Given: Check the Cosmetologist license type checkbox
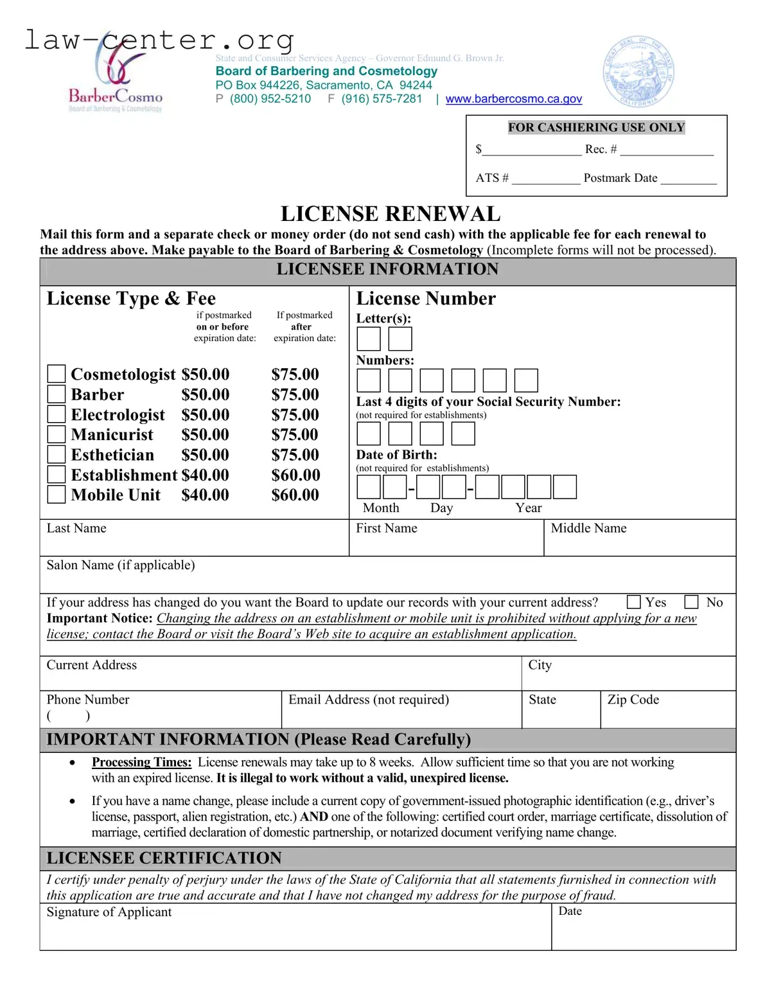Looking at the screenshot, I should pos(57,374).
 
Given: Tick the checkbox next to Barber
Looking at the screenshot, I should pos(57,394).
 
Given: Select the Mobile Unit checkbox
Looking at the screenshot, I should pos(57,495).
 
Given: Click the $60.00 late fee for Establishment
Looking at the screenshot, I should pos(295,475).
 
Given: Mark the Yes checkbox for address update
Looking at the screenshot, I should pos(633,602).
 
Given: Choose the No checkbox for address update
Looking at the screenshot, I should pos(691,602).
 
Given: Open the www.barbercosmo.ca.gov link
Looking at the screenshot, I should pos(513,99).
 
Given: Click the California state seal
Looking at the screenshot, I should pos(638,71).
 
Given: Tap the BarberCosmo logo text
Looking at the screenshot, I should pos(116,97).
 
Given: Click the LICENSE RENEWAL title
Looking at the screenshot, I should pos(391,213).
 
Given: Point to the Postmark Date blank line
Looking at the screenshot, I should pos(688,180).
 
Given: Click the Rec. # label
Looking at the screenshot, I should pos(601,149).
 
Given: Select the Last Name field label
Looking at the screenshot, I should pos(76,528).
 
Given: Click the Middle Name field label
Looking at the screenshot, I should pos(588,528).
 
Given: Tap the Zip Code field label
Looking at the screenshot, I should pos(633,700).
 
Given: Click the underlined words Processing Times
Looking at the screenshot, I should pos(141,762).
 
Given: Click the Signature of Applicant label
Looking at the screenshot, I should pos(109,912).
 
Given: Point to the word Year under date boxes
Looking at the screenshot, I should pos(528,508).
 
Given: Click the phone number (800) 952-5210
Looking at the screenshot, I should pos(270,99).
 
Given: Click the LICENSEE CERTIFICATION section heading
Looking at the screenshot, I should pos(164,858).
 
